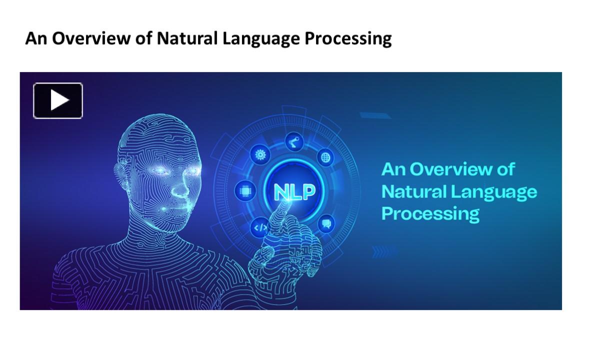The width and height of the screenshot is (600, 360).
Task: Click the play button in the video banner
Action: (x=58, y=100)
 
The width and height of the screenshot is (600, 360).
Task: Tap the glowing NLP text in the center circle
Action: (x=294, y=192)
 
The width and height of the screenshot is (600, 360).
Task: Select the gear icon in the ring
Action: (x=260, y=154)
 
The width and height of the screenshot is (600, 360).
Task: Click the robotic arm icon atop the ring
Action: (x=294, y=141)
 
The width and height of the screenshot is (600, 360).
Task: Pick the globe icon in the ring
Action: (x=325, y=157)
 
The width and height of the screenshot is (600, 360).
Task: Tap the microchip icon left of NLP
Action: (x=245, y=191)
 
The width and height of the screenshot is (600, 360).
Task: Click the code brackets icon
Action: (x=260, y=227)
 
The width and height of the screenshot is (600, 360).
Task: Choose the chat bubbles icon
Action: (x=326, y=223)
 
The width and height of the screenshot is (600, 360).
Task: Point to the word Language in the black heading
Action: (x=261, y=39)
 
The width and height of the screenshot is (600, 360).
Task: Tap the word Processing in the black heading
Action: (x=348, y=39)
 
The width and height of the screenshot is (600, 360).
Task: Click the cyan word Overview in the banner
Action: (x=451, y=169)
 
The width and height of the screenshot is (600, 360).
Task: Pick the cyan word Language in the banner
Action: (x=494, y=193)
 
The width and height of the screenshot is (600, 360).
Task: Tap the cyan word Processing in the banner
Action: (x=430, y=214)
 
